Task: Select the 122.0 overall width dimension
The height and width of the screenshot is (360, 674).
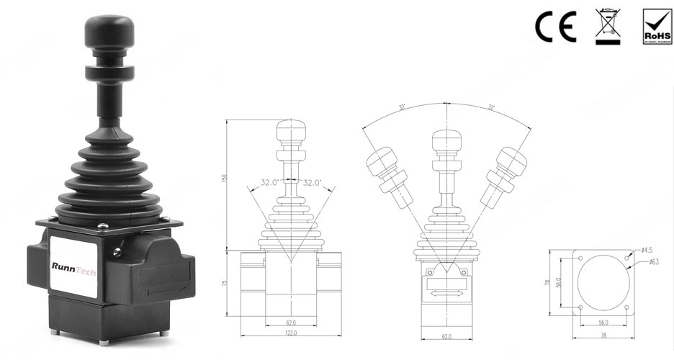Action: coord(291,333)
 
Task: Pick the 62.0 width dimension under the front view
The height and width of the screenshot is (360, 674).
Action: coord(291,322)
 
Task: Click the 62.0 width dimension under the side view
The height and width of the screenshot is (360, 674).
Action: coord(446,336)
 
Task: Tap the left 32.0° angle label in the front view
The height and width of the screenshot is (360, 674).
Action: coord(270,183)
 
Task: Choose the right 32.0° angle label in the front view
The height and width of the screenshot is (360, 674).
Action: coord(314,183)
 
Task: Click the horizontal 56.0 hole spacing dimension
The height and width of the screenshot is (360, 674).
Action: coord(603,323)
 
